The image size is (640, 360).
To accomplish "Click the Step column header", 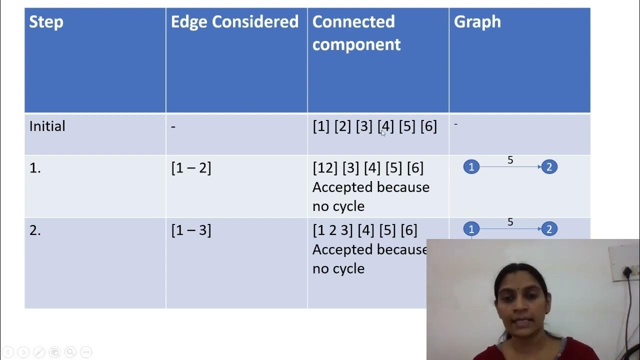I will tap(46, 22).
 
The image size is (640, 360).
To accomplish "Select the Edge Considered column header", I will tap(234, 22).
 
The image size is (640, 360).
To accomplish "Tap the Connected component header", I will tap(356, 33).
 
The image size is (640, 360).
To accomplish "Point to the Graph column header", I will tap(477, 22).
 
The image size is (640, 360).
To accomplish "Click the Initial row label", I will tap(47, 126).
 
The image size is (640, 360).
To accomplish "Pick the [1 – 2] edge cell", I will tap(191, 168).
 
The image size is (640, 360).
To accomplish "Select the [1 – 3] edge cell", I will tap(191, 230).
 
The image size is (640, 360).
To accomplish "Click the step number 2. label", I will tap(35, 230).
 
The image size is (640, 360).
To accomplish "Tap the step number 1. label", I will tap(35, 168).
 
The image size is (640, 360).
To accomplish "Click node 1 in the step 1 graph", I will tap(471, 167).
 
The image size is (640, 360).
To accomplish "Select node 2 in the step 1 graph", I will tap(549, 167).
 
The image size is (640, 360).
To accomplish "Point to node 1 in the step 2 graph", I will tap(471, 229).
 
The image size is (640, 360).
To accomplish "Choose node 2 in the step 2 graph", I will tap(549, 229).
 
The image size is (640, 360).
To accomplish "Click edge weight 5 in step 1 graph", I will tap(510, 160).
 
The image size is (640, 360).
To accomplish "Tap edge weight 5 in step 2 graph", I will tap(510, 222).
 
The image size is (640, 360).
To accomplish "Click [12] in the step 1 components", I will tap(325, 168).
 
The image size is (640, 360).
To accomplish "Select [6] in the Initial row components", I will tap(428, 126).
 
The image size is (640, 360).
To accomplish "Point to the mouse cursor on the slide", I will tap(383, 132).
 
